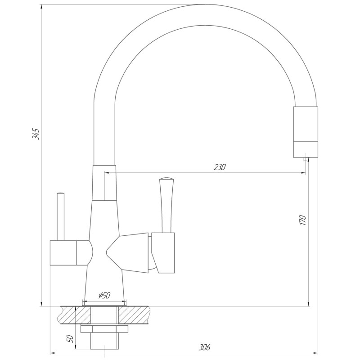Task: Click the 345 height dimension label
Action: pyautogui.click(x=36, y=134)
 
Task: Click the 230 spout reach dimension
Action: pyautogui.click(x=220, y=167)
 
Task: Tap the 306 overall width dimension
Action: pyautogui.click(x=205, y=347)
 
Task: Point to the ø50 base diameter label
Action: pyautogui.click(x=104, y=295)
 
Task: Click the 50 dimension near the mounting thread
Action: pyautogui.click(x=70, y=338)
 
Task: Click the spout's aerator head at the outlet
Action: pyautogui.click(x=306, y=131)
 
